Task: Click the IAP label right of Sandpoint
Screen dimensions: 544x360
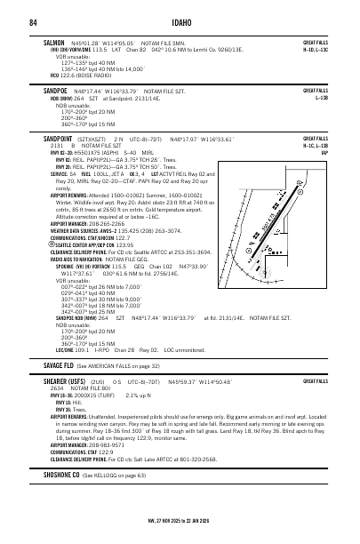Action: pyautogui.click(x=325, y=153)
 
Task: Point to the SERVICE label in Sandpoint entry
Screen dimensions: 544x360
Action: pyautogui.click(x=62, y=174)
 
